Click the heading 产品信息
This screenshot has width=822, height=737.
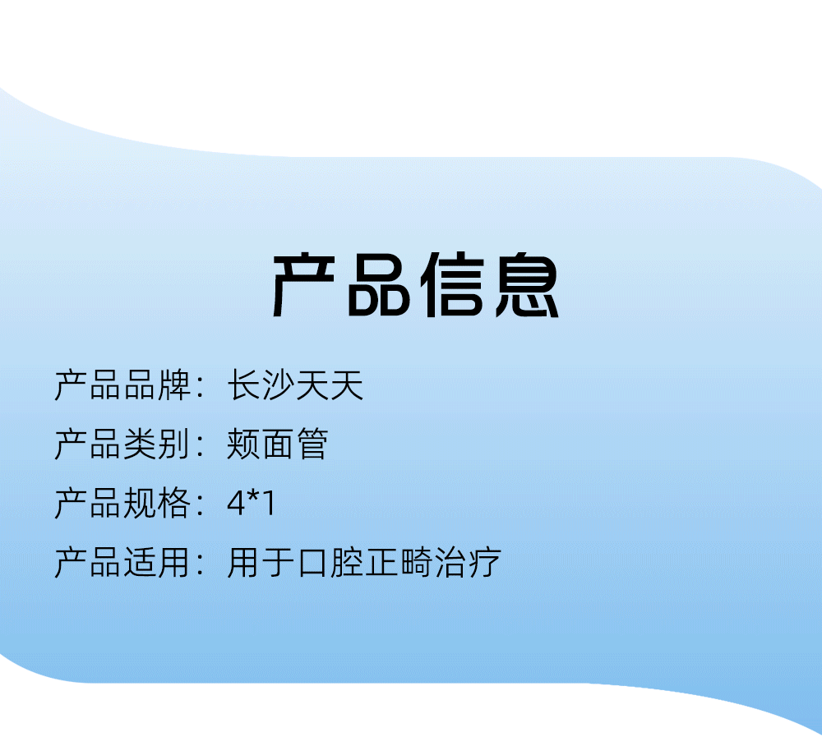coord(415,284)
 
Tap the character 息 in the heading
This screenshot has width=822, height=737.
coord(528,284)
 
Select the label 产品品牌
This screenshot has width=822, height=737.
coord(122,385)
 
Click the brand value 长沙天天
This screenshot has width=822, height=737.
coord(296,385)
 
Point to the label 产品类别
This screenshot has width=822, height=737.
coord(122,444)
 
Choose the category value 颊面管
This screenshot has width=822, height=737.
coord(278,444)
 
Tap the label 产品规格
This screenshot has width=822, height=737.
coord(122,503)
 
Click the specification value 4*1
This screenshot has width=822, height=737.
coord(251,503)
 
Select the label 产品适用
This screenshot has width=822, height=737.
coord(122,562)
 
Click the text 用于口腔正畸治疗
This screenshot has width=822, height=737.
coord(364,562)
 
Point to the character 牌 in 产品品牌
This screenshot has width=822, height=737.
coord(174,385)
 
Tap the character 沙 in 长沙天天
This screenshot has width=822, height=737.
coord(279,385)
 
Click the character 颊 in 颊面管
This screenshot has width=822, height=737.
coord(244,444)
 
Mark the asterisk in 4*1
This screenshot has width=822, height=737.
coord(254,497)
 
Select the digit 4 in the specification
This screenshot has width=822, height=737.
coord(237,504)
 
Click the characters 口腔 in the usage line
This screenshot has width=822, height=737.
coord(330,562)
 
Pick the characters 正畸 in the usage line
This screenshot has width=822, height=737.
coord(399,562)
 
